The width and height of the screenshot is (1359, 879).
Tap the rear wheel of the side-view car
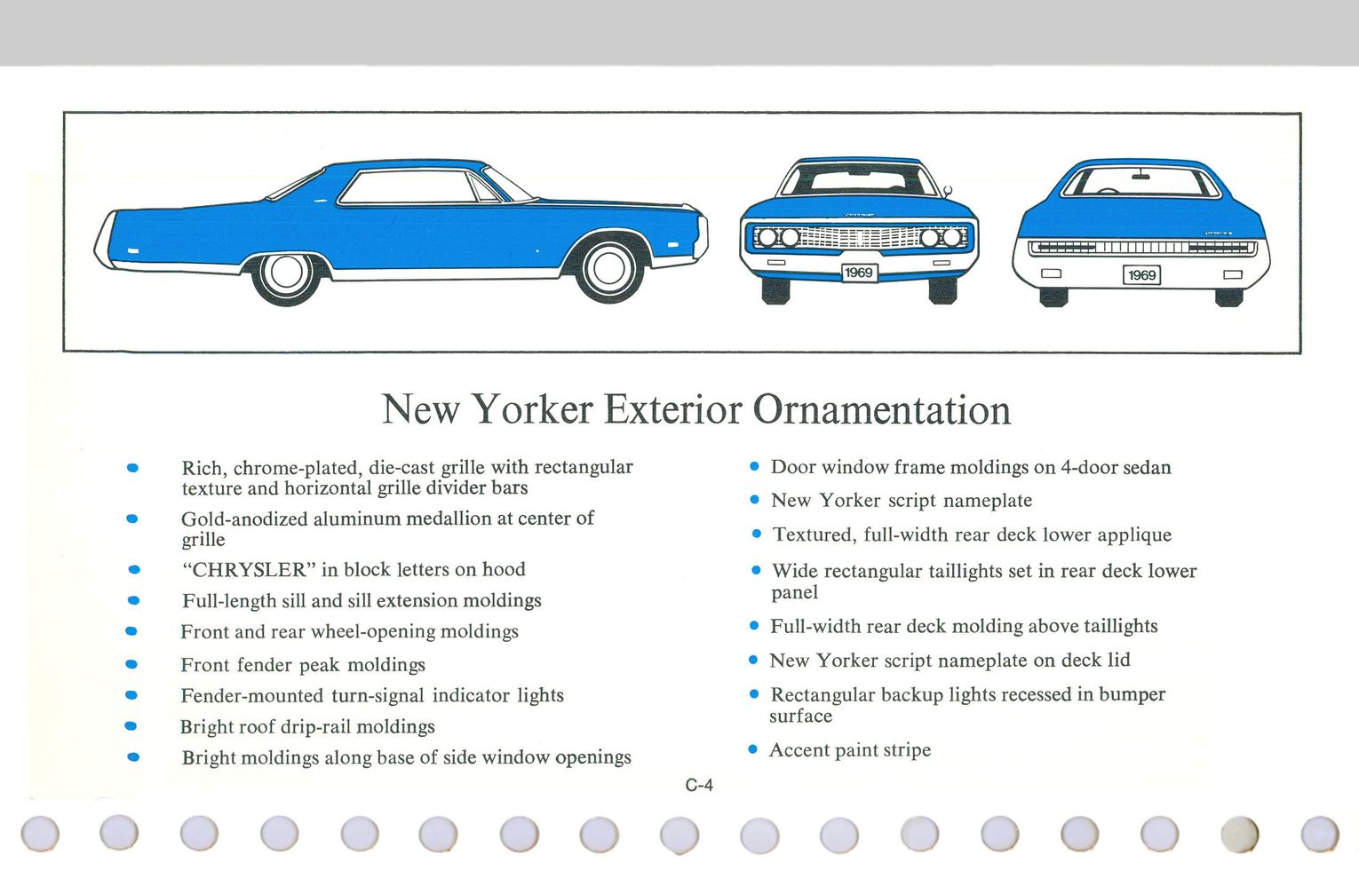(286, 273)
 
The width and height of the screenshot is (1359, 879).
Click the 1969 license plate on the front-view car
(858, 273)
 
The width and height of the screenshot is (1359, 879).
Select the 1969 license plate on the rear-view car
(1141, 275)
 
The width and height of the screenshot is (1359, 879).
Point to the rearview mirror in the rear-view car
(1140, 177)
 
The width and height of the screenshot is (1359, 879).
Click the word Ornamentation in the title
(881, 409)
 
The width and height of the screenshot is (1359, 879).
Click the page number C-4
(699, 785)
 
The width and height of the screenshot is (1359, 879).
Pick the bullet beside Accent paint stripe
(753, 749)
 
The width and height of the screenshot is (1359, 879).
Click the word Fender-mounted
(251, 695)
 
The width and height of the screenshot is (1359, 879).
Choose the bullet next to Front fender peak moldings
(131, 664)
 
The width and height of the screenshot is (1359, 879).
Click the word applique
(1134, 535)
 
